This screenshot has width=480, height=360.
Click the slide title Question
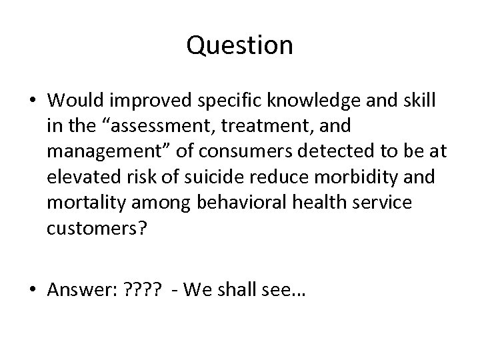coord(240,45)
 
